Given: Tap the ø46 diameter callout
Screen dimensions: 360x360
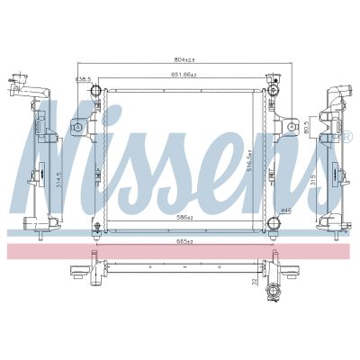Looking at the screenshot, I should (287, 210).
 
